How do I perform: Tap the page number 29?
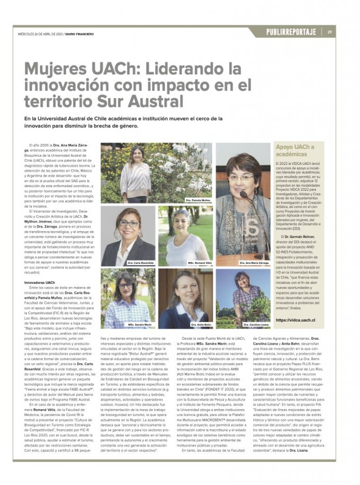pyautogui.click(x=330, y=32)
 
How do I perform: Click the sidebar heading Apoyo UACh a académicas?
pyautogui.click(x=295, y=150)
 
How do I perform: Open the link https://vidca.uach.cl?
pyautogui.click(x=295, y=320)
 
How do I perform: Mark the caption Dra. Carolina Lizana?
pyautogui.click(x=255, y=324)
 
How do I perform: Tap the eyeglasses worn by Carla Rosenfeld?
pyautogui.click(x=129, y=224)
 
